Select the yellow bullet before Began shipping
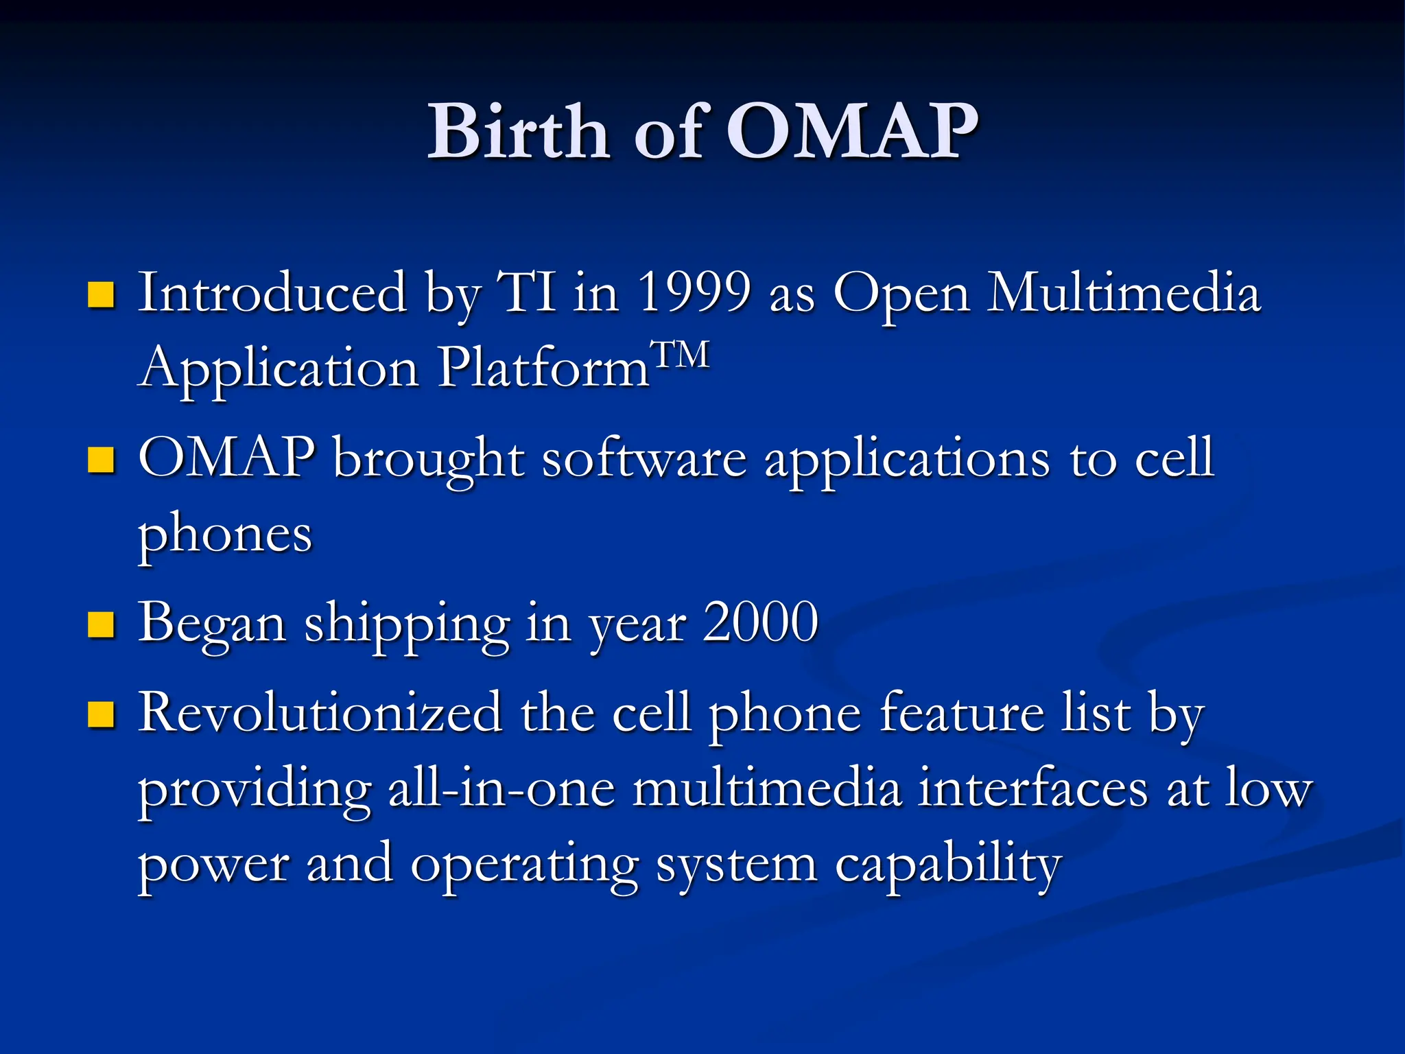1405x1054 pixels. coord(101,625)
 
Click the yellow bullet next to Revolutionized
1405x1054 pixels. coord(101,714)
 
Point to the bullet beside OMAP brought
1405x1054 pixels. coord(101,460)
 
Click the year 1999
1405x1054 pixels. coord(694,293)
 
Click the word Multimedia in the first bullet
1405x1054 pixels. coord(1123,293)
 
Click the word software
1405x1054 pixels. coord(644,458)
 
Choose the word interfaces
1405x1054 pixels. coord(1032,789)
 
